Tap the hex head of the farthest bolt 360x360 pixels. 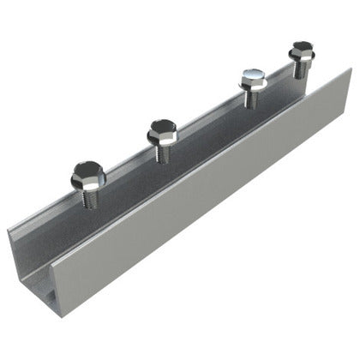click(301, 49)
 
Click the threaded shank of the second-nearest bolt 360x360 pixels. click(161, 151)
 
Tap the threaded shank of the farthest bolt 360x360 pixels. click(301, 69)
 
